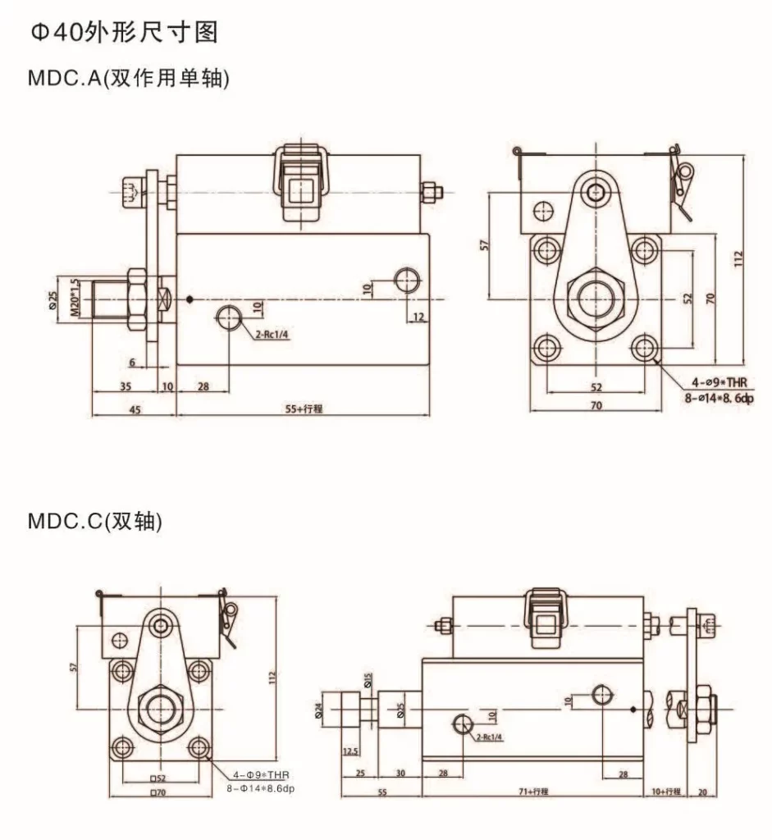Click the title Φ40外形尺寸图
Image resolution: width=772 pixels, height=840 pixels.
(x=124, y=33)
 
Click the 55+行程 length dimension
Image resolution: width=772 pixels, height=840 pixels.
(x=303, y=408)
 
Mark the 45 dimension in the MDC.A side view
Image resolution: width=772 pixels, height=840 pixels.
(x=135, y=408)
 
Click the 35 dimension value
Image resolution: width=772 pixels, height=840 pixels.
(x=125, y=386)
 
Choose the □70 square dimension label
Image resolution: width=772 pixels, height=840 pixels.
(x=158, y=792)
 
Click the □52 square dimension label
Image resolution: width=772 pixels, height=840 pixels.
(x=158, y=777)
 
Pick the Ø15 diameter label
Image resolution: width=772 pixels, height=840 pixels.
(x=368, y=680)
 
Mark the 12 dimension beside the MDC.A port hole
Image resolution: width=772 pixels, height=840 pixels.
(x=417, y=317)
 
